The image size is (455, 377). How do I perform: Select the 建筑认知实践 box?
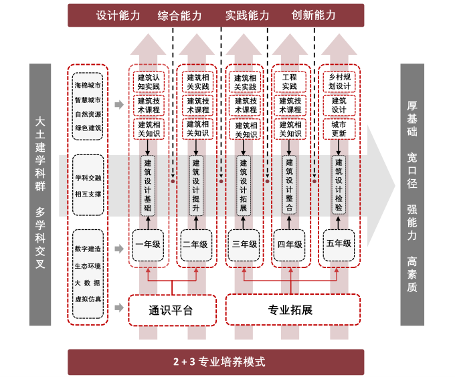149,82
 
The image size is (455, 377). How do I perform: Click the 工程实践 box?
290,82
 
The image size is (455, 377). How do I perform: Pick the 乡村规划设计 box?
339,82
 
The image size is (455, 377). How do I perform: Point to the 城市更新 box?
339,128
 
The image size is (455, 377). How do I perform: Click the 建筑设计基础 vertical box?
148,185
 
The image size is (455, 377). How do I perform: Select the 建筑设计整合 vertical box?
290,185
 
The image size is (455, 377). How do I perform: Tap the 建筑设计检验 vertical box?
339,185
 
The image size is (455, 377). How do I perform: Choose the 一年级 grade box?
148,244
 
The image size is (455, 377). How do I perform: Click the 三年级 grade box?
244,244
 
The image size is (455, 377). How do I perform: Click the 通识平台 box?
171,310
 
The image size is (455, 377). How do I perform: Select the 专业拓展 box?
290,310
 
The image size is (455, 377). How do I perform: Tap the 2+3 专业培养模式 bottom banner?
219,362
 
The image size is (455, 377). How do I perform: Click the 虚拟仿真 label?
88,298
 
